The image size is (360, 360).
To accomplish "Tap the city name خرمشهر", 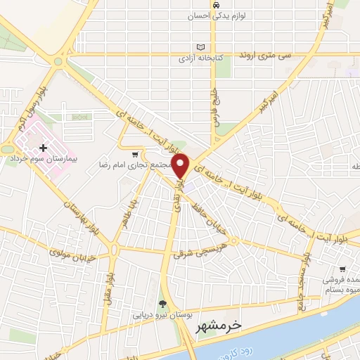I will tap(216, 326).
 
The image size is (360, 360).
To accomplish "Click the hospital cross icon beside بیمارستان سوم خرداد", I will tap(44, 148).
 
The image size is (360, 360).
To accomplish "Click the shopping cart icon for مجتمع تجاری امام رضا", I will tap(136, 153).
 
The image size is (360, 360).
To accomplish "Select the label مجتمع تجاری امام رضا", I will tap(141, 164).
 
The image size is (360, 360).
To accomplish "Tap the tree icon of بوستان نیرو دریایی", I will tap(163, 304).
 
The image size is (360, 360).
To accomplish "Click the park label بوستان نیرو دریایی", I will tap(163, 316).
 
